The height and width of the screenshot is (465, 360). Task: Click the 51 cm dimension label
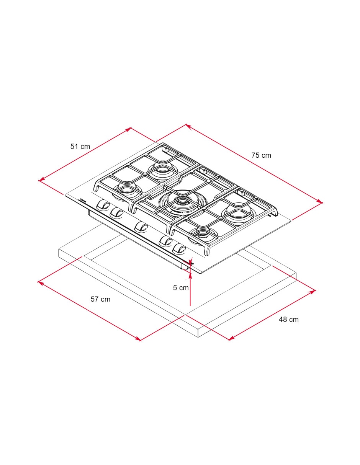[x=80, y=147]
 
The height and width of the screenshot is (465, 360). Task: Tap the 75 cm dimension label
[x=261, y=155]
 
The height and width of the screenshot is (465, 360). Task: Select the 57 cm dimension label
[x=100, y=299]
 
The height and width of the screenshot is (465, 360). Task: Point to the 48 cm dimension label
[x=288, y=320]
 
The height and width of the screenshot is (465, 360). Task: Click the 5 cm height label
[x=181, y=288]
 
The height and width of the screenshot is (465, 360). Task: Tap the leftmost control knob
[x=103, y=205]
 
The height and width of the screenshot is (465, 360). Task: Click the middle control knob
[x=141, y=227]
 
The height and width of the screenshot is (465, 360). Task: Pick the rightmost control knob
[x=179, y=249]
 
